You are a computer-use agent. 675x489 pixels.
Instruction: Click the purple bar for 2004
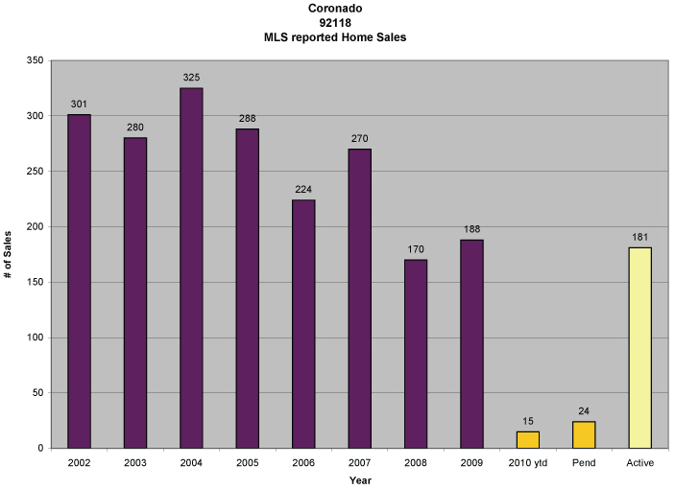tap(191, 268)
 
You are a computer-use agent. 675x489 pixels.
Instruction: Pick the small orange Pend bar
tap(583, 434)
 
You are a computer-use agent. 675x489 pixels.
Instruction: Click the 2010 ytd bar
tap(527, 439)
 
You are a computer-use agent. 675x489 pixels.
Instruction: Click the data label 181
tap(639, 235)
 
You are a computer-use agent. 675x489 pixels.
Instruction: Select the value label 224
tap(303, 187)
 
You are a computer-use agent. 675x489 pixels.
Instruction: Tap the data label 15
tap(527, 419)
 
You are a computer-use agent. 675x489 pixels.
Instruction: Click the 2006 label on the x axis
tap(303, 464)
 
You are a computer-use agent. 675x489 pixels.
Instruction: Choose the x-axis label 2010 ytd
tap(527, 464)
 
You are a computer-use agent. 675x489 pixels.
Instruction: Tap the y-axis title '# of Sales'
tap(9, 254)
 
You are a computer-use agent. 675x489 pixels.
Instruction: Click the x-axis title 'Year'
tap(359, 479)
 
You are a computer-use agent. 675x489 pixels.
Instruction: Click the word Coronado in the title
tap(335, 9)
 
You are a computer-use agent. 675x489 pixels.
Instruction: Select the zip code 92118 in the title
tap(335, 23)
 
